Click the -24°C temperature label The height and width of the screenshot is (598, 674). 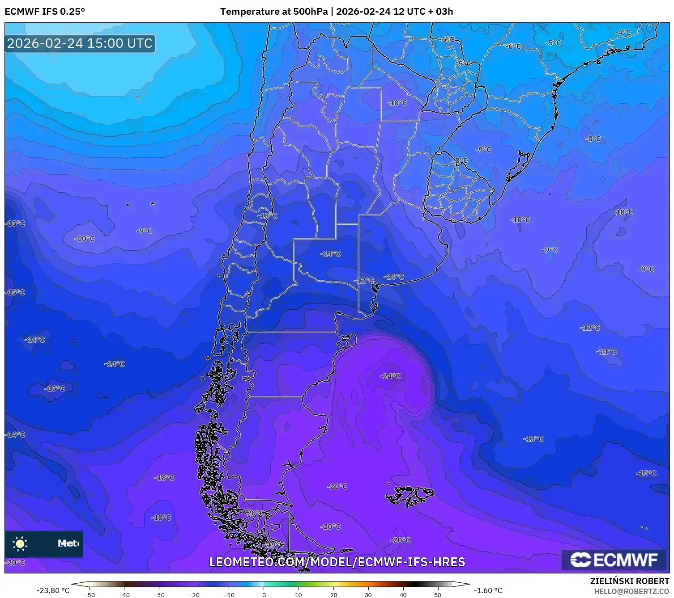(x=390, y=376)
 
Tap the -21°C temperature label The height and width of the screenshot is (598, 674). (x=337, y=486)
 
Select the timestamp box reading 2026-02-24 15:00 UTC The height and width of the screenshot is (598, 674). (x=80, y=43)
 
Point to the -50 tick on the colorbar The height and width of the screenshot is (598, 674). (x=90, y=594)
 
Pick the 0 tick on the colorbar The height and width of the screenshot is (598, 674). (x=264, y=594)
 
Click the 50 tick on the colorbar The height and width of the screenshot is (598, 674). (x=438, y=594)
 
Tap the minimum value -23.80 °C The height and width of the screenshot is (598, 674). (x=53, y=590)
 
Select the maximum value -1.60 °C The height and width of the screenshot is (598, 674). (x=488, y=590)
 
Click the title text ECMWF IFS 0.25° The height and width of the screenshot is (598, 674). (x=45, y=12)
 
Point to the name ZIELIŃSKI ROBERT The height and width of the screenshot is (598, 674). (x=630, y=581)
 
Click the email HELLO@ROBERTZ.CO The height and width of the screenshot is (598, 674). (x=631, y=591)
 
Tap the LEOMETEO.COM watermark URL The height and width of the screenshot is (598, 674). (x=337, y=562)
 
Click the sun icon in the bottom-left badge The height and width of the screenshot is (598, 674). (x=20, y=544)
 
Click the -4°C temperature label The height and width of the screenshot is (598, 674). (x=623, y=33)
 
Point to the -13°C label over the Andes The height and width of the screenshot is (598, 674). (x=267, y=216)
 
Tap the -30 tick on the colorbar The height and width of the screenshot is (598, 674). (x=159, y=594)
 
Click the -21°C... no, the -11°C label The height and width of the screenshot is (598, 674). (x=606, y=352)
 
